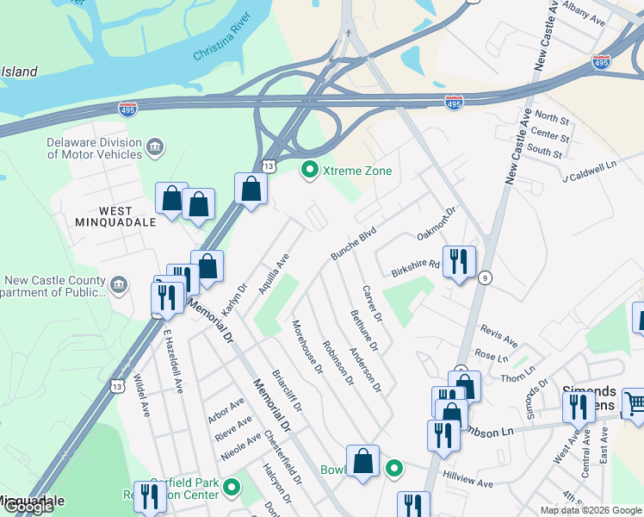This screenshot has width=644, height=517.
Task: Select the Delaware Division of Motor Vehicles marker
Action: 156,147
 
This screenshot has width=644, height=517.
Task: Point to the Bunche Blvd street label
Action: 354,244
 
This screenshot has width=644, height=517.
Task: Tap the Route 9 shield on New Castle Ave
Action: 486,277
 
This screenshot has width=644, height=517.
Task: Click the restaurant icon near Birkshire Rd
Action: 459,262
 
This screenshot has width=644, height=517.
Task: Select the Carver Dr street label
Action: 372,305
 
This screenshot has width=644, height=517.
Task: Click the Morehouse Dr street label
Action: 307,346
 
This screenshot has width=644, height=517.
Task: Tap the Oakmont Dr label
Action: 436,224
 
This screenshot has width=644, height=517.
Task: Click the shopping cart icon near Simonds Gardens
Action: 635,402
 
